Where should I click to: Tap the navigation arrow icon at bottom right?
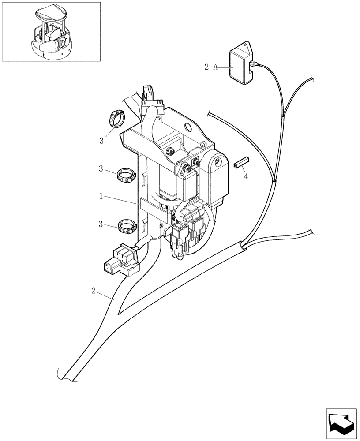coord(341,423)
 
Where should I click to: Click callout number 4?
coord(246,177)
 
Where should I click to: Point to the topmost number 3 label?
coord(101,141)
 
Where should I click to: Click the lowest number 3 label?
coord(101,224)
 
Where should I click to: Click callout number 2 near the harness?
coord(94,291)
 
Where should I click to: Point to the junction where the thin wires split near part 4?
coord(274,180)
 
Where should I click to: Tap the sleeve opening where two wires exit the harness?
coord(243,244)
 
